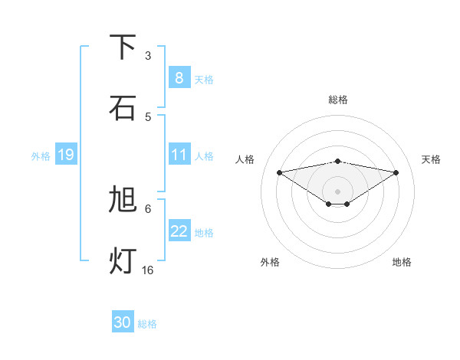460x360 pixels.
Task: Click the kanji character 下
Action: click(123, 47)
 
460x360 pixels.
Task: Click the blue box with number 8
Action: click(179, 77)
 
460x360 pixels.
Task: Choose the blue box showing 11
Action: click(179, 155)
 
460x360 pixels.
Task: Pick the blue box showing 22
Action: click(179, 231)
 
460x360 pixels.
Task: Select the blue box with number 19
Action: click(65, 155)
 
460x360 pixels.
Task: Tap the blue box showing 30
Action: click(122, 322)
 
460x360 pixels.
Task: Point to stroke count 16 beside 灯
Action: click(148, 270)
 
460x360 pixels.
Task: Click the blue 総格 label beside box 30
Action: click(147, 324)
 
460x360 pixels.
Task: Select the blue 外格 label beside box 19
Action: click(41, 155)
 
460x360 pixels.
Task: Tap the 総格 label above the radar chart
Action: click(338, 100)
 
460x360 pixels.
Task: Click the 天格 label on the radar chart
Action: click(432, 159)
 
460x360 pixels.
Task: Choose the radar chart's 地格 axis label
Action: click(402, 262)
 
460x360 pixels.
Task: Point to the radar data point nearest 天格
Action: click(396, 172)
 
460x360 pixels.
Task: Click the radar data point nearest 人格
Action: click(279, 172)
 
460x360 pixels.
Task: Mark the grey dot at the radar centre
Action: click(337, 191)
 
